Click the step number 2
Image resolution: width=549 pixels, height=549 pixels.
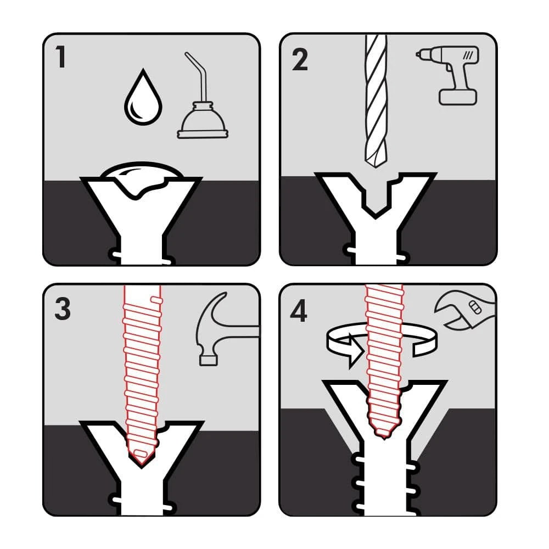(x=300, y=60)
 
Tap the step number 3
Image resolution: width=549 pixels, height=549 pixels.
(x=63, y=310)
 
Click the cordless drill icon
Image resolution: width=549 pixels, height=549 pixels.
(x=451, y=74)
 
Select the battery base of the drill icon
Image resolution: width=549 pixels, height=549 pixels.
(x=458, y=97)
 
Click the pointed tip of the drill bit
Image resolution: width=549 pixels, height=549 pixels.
(x=376, y=159)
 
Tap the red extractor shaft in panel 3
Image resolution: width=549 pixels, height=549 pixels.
(x=142, y=362)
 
